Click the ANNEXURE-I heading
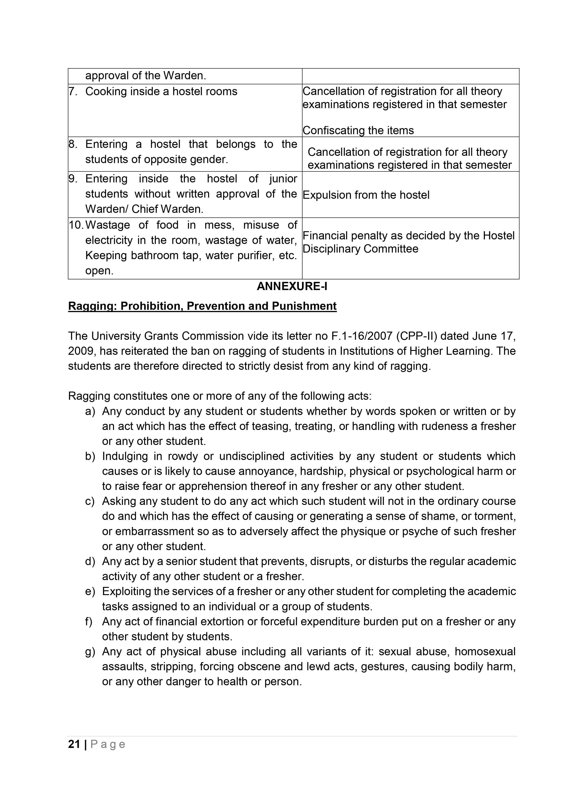point(292,286)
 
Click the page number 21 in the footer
point(74,744)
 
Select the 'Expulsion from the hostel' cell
point(366,195)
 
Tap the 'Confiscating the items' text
point(358,131)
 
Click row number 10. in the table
point(76,225)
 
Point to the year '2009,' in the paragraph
point(82,351)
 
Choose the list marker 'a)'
point(90,411)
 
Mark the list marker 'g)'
point(90,652)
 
